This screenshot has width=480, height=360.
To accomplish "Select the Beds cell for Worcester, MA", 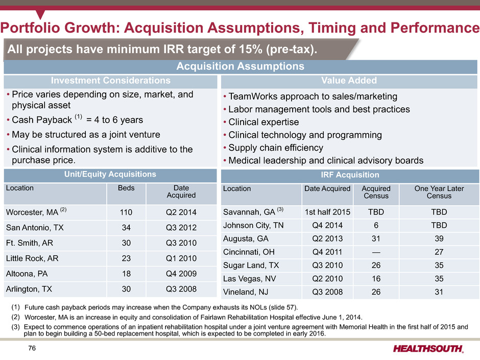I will point(126,212).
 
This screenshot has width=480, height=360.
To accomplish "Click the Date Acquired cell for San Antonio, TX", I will point(181,227).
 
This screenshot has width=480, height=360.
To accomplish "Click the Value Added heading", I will point(349,81).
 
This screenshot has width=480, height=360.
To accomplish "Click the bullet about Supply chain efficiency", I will point(275,148).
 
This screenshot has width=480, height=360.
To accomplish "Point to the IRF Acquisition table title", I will point(349,175).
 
